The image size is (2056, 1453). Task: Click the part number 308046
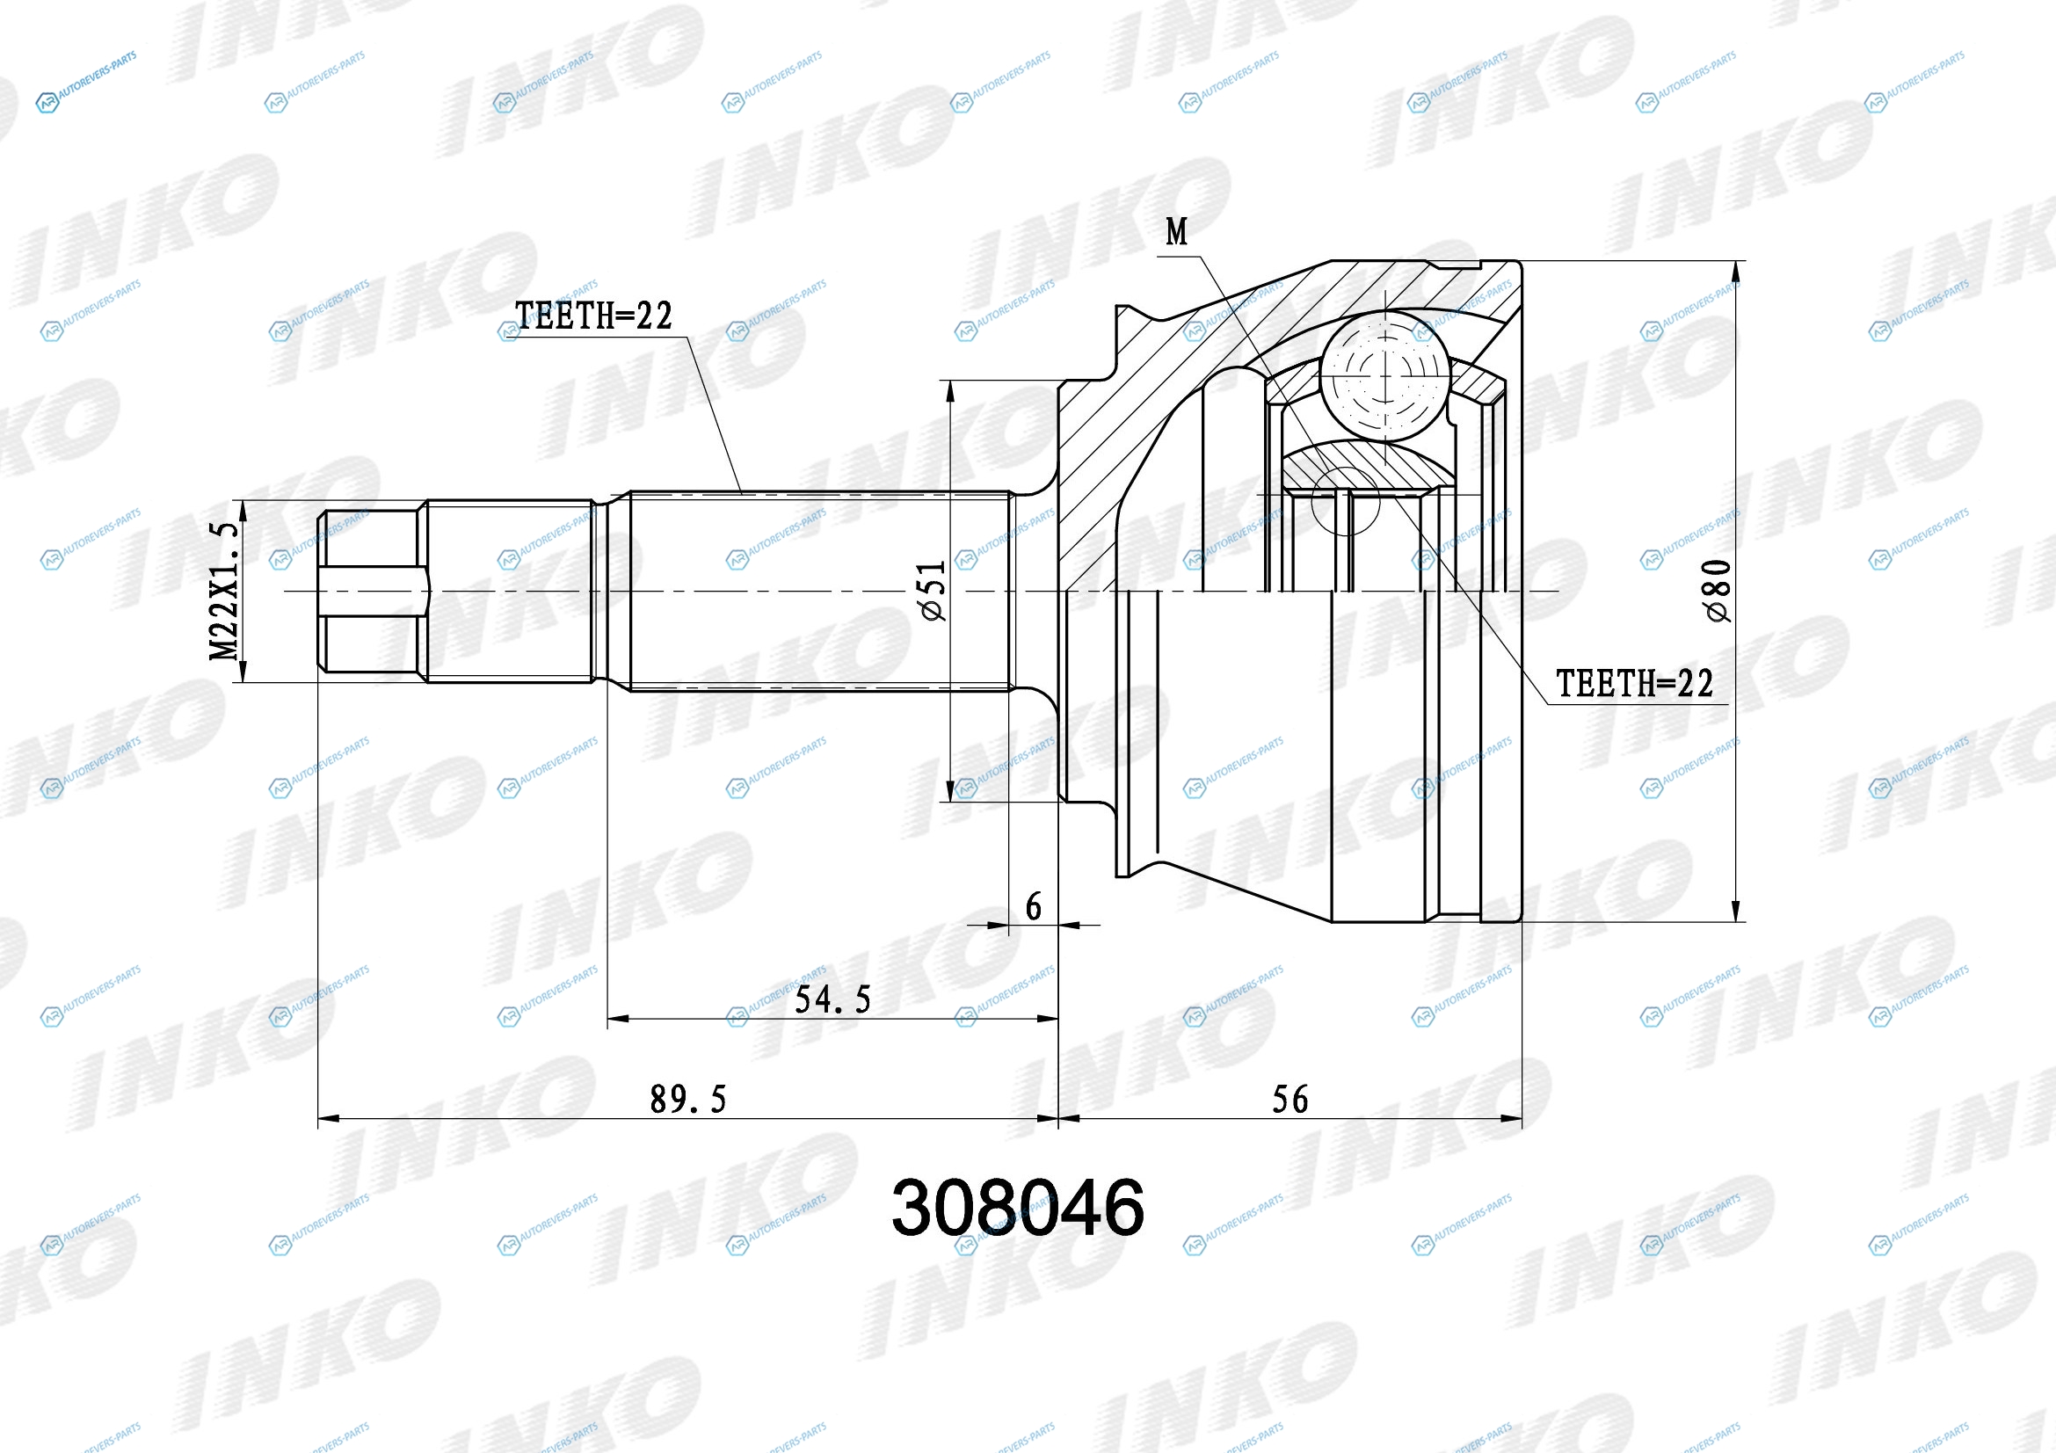pos(1017,1207)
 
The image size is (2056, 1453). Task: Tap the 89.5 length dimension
pos(687,1100)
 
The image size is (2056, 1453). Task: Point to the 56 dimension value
pos(1290,1100)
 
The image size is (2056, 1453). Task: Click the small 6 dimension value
pos(1034,907)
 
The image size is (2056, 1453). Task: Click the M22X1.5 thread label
pos(224,592)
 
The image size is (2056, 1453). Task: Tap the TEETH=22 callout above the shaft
pos(593,316)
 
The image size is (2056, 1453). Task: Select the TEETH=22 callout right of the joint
pos(1634,684)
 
